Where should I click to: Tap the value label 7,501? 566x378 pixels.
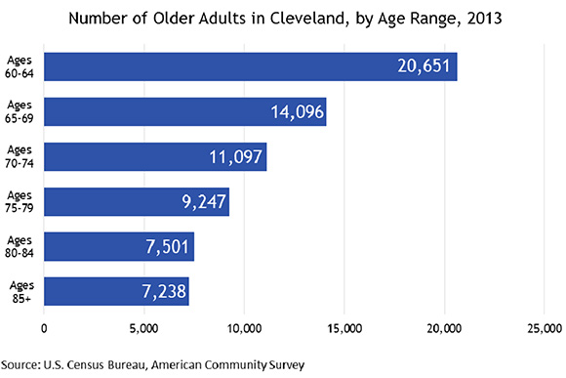pyautogui.click(x=167, y=247)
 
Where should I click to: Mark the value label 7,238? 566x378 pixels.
pyautogui.click(x=161, y=292)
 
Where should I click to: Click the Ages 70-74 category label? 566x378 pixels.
pyautogui.click(x=20, y=156)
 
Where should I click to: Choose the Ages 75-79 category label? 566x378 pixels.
pyautogui.click(x=20, y=201)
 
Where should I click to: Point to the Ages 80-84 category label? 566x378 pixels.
pyautogui.click(x=20, y=246)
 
